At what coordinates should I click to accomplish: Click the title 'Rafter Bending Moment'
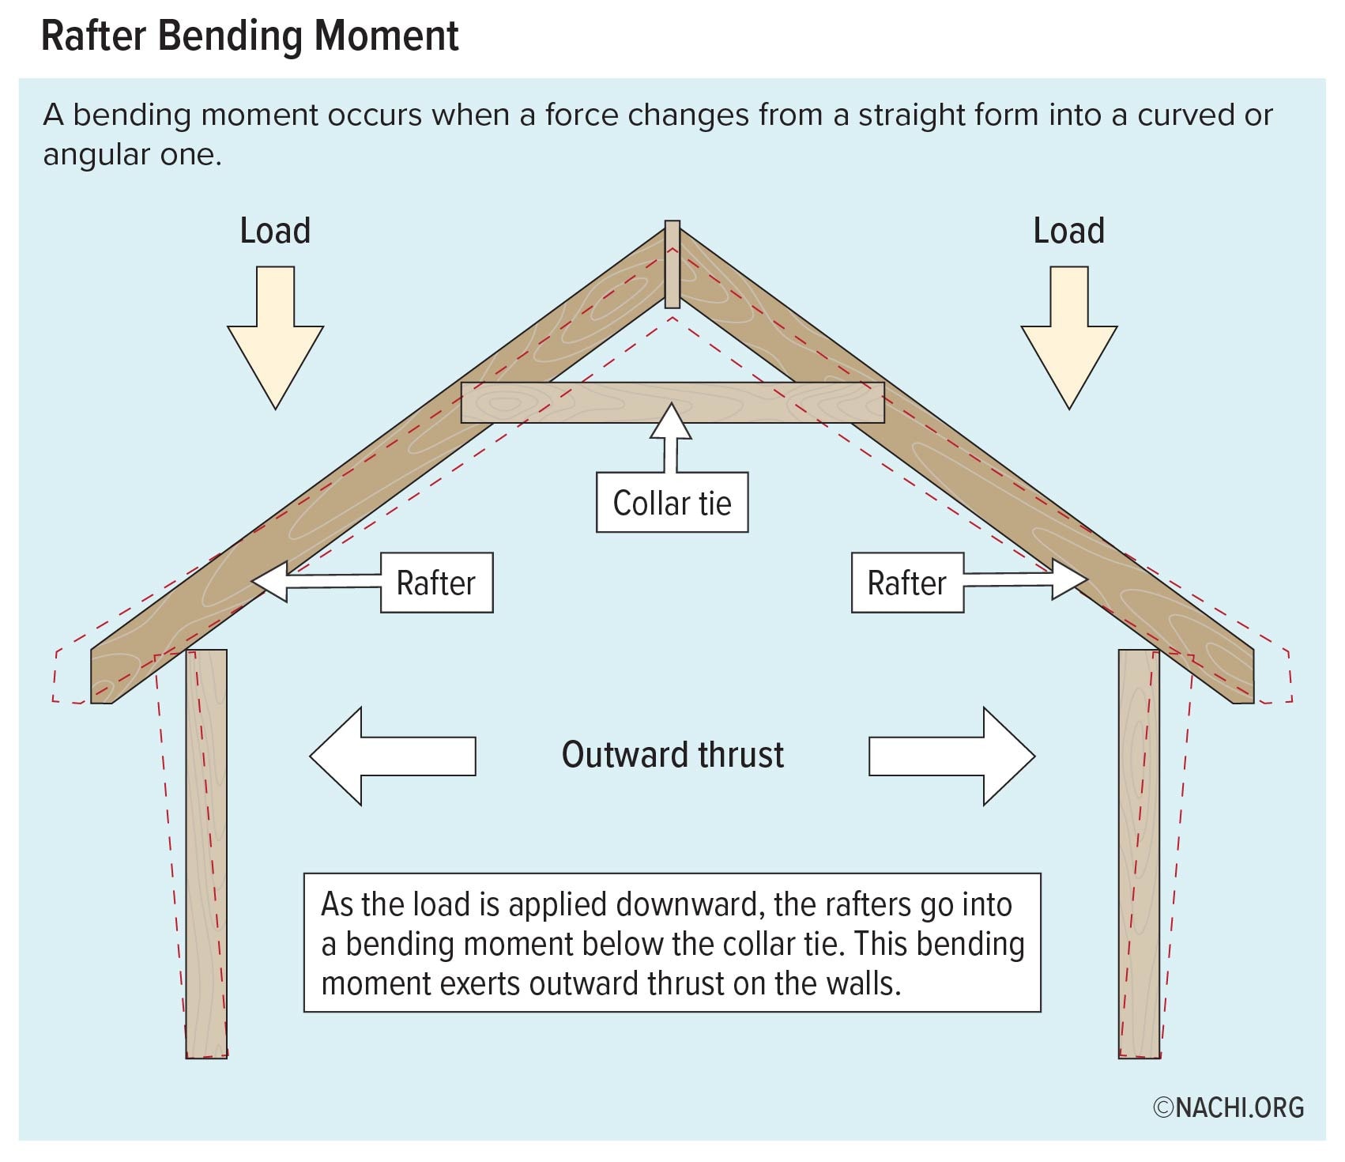point(249,36)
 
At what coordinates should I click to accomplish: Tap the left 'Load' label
point(275,231)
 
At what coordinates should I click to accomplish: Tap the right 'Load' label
point(1068,231)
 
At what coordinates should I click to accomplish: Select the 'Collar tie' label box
point(672,503)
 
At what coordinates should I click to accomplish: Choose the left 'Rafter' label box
point(436,583)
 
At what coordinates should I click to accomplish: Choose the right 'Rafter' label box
point(907,583)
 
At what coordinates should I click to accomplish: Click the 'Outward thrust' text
point(672,755)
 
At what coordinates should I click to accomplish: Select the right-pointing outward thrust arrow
point(952,756)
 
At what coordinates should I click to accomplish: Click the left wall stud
point(206,854)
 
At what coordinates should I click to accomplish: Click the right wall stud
point(1139,854)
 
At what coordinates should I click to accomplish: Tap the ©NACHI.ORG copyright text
point(1228,1107)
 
